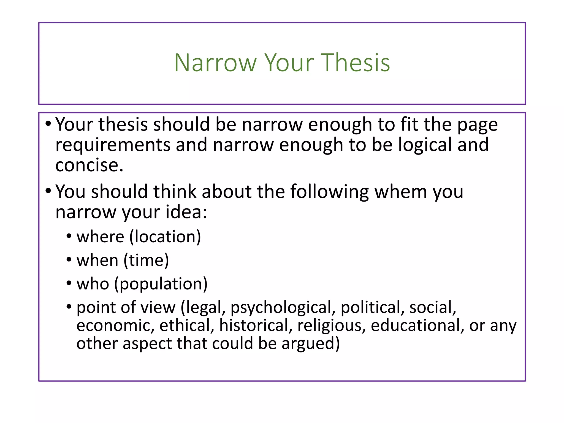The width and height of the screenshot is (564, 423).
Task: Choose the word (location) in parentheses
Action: point(165,237)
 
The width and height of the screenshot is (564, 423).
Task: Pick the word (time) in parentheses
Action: point(146,260)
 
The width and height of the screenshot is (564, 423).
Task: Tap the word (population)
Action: point(161,284)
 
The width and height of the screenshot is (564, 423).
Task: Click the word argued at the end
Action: point(310,344)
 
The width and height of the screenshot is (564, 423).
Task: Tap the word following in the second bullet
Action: point(329,192)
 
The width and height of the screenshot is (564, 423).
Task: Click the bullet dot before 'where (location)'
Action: point(69,236)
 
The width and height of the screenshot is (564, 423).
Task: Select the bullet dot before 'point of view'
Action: point(69,307)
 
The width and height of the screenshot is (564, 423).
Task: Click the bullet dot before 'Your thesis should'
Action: point(48,124)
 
